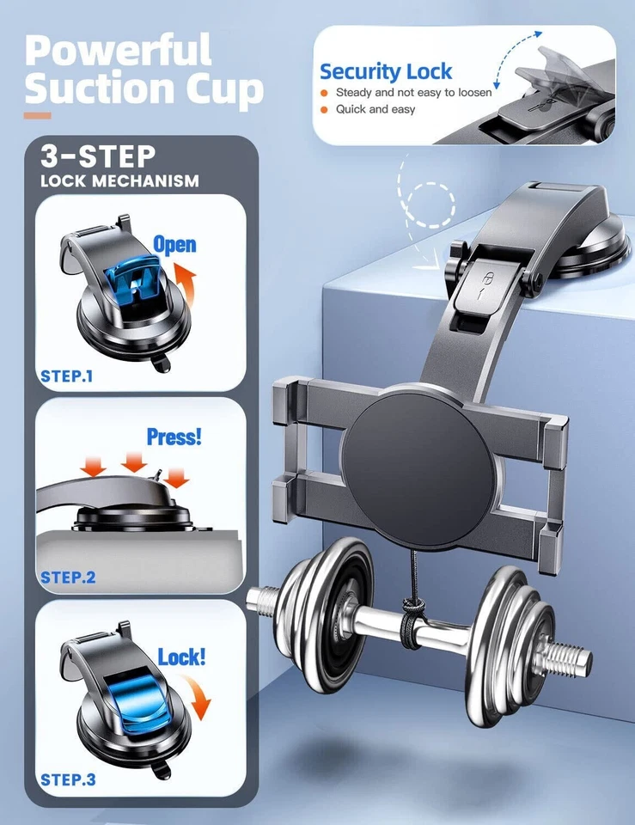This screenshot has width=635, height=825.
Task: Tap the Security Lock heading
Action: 386,71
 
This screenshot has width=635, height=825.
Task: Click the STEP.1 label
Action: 68,376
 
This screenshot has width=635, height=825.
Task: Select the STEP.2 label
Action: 68,577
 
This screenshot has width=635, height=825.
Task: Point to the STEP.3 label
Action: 68,780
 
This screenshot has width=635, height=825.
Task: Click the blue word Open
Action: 174,245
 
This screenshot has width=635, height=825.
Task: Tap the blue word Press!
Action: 174,436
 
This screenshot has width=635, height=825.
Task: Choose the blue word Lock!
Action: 181,658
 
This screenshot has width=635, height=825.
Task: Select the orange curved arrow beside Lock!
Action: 199,696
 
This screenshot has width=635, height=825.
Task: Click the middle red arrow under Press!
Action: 134,464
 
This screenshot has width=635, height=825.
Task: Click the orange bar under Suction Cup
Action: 37,115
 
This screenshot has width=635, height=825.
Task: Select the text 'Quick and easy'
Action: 375,109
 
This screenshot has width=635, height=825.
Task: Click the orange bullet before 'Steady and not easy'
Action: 324,92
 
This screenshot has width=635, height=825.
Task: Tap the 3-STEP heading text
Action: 98,157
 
